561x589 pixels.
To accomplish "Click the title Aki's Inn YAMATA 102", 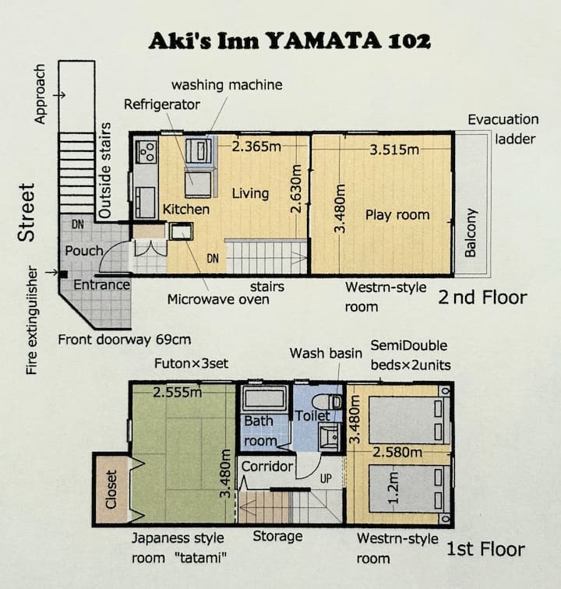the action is click(x=289, y=41).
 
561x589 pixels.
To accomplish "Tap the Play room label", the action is click(x=397, y=215).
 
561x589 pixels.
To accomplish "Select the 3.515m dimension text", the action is click(x=394, y=150).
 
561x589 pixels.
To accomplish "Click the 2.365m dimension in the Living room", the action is click(x=256, y=146).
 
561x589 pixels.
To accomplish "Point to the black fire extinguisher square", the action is click(x=64, y=274).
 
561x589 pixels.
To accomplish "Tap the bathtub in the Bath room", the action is click(x=263, y=399).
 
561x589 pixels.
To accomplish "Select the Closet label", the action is click(x=111, y=489).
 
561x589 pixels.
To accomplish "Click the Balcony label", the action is click(x=471, y=232).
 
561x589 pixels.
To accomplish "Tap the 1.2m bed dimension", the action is click(x=393, y=488).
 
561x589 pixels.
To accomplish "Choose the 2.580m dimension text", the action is click(x=397, y=452).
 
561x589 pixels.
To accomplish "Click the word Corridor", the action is click(x=267, y=466).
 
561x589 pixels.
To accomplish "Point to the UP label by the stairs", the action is click(x=326, y=478).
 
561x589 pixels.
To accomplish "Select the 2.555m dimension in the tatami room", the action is click(x=178, y=393).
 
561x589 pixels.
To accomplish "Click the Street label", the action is click(x=26, y=212).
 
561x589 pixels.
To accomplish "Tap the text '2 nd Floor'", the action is click(x=482, y=298).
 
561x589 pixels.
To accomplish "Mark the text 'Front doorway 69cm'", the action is click(x=125, y=340).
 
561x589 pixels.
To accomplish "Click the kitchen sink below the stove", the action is click(x=146, y=202).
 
